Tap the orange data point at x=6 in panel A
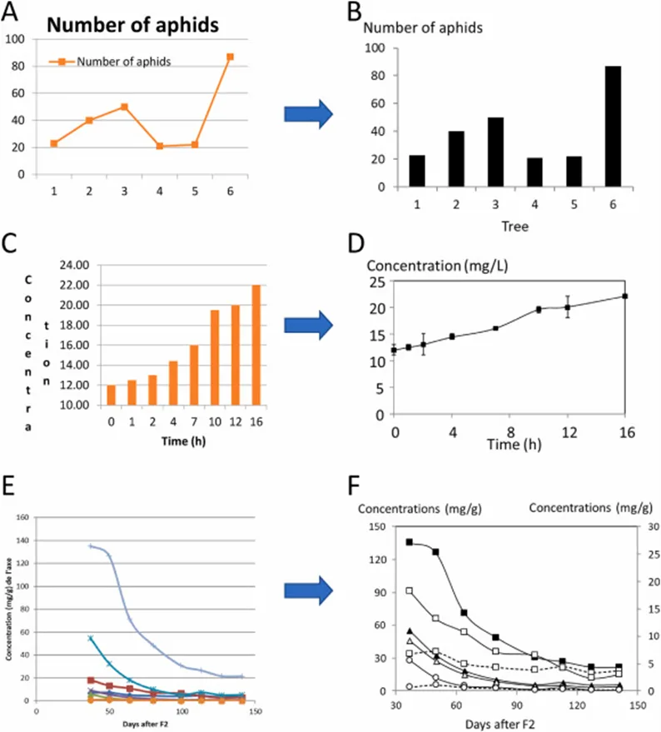pos(230,57)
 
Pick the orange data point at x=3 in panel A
pos(124,107)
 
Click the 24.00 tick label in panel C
pos(76,265)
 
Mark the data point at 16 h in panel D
pos(624,296)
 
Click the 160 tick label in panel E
pos(22,516)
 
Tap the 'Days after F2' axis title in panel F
pos(500,721)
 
